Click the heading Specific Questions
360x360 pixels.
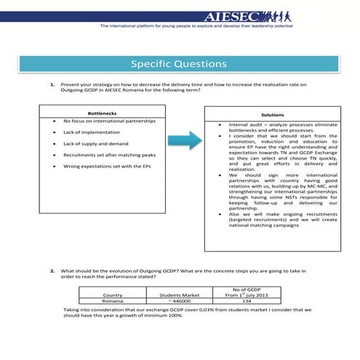click(180, 63)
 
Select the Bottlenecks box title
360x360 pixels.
click(101, 113)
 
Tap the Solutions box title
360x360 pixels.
click(272, 115)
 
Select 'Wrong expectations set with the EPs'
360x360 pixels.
click(106, 167)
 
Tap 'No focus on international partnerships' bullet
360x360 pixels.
click(109, 121)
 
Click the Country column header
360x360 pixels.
click(113, 295)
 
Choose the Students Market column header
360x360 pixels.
click(180, 295)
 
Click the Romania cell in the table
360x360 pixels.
click(113, 300)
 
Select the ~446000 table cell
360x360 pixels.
click(179, 300)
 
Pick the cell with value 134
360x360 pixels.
click(247, 300)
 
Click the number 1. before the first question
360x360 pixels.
click(53, 84)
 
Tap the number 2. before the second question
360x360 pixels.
click(53, 270)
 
